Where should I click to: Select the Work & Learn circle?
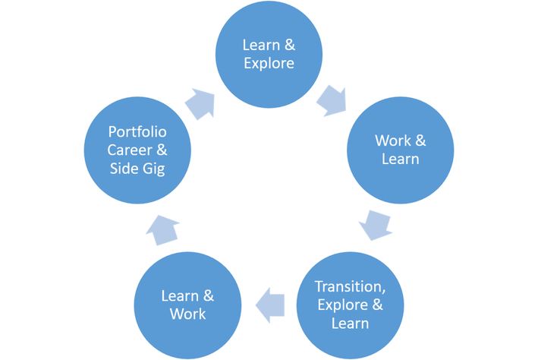401,149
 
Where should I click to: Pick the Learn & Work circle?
187,304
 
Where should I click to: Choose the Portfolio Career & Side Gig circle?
137,149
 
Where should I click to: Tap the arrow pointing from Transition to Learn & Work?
270,306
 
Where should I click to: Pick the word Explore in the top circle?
269,63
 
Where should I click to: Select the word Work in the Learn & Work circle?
187,313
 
